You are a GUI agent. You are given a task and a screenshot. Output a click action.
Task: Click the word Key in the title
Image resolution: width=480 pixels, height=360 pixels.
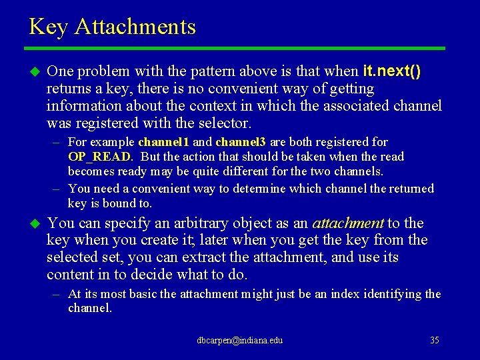[x=49, y=27]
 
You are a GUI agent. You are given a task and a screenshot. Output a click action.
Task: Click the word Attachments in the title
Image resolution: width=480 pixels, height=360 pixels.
[x=135, y=27]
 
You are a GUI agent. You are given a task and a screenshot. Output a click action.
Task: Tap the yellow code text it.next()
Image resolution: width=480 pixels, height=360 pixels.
[x=392, y=71]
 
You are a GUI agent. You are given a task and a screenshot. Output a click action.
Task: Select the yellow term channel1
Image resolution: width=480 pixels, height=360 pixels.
[x=164, y=142]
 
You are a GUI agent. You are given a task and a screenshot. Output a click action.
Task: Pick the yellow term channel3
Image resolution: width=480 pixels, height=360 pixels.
[x=241, y=142]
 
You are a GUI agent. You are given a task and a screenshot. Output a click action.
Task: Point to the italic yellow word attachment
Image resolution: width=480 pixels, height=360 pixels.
[x=347, y=223]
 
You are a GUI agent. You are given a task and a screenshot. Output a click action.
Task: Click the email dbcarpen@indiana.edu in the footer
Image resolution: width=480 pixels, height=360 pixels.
[x=239, y=341]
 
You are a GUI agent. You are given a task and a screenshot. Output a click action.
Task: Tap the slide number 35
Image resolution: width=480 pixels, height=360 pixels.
[x=435, y=341]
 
